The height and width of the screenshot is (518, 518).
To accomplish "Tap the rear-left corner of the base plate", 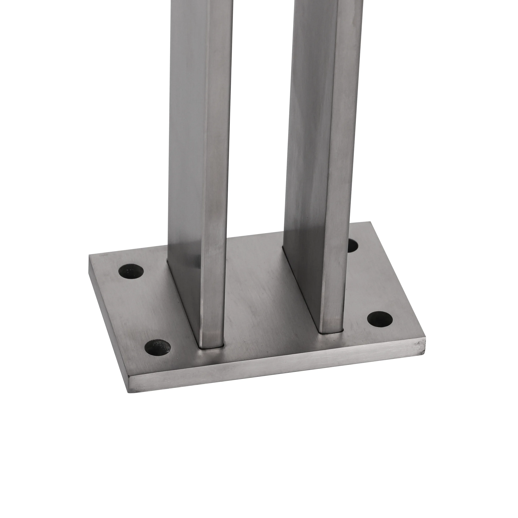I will coord(90,255).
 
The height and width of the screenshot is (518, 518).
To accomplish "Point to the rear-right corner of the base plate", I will coord(370,222).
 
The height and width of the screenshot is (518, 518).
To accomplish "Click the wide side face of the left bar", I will coord(185,161).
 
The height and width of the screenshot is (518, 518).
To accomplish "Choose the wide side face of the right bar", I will coord(308,161).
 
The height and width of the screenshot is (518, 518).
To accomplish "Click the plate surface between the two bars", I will coord(257,295).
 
